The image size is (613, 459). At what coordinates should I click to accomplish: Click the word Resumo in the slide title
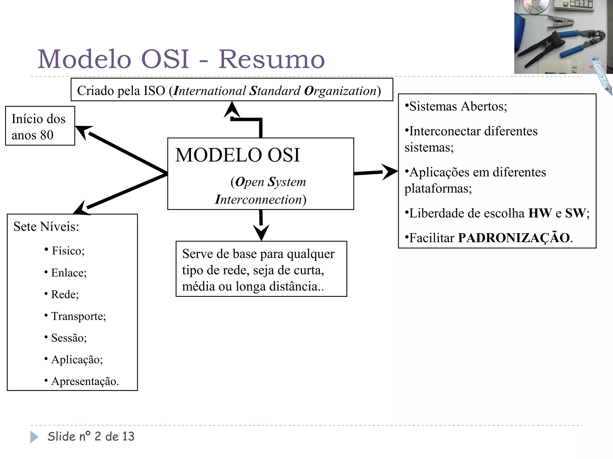[x=271, y=59]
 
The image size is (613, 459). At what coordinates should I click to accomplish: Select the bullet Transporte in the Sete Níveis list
[x=78, y=316]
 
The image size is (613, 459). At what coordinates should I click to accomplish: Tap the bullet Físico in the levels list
[x=68, y=251]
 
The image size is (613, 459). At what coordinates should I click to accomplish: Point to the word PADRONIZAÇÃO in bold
[x=514, y=238]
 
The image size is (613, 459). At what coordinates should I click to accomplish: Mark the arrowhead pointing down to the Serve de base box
[x=261, y=232]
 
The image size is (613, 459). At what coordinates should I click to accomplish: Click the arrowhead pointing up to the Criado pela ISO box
[x=232, y=109]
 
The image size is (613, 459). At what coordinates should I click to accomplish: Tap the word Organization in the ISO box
[x=340, y=91]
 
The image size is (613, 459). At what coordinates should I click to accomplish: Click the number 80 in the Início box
[x=47, y=135]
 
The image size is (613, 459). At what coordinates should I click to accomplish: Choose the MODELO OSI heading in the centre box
[x=237, y=155]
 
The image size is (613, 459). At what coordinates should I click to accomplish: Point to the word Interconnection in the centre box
[x=259, y=200]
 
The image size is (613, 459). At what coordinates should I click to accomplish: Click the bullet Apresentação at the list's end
[x=85, y=381]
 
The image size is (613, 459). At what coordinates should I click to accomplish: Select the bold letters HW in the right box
[x=540, y=213]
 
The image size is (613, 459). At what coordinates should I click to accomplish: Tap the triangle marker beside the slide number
[x=34, y=437]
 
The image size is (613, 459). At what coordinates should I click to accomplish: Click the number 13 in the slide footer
[x=128, y=437]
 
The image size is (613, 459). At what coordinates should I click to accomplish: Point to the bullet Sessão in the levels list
[x=69, y=338]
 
